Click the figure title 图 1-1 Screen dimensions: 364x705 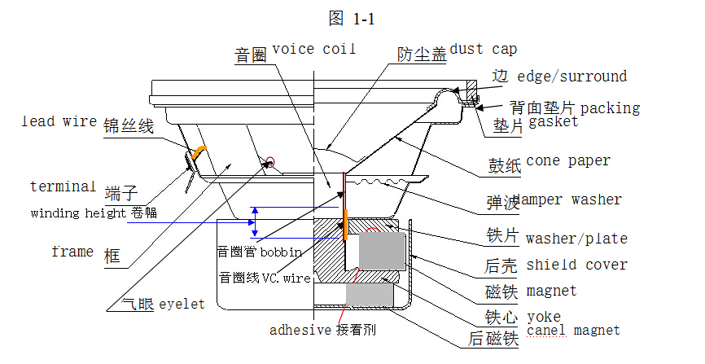point(351,18)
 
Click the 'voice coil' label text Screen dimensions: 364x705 point(314,50)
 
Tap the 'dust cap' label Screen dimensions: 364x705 point(483,50)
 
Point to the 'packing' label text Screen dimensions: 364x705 point(610,107)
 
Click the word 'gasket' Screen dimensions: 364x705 point(554,122)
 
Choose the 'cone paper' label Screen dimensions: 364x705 point(568,160)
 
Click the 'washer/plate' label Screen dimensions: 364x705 point(576,239)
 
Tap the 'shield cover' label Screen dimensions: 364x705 point(576,265)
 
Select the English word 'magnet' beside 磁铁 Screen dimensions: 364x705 point(551,291)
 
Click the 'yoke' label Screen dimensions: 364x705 point(543,317)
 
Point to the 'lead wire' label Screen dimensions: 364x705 point(59,121)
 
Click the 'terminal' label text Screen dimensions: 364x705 point(63,186)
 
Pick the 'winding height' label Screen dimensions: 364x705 point(78,213)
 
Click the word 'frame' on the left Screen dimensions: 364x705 point(72,252)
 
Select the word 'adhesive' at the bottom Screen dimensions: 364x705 point(300,331)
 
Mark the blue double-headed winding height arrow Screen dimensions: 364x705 point(256,221)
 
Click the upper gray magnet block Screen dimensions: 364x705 point(382,250)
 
